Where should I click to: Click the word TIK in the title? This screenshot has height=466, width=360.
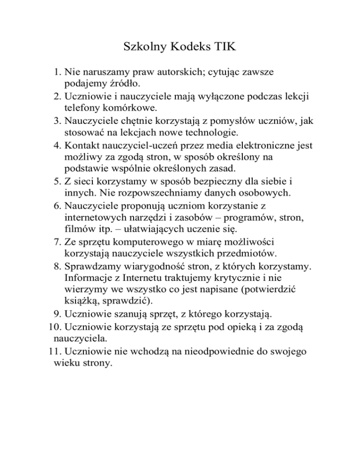pos(225,47)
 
